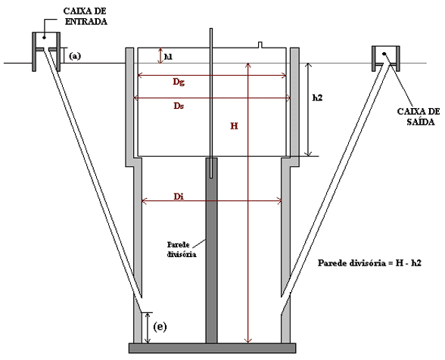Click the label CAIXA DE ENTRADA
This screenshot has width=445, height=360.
pos(86,16)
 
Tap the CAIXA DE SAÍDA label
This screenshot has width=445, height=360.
pos(419,116)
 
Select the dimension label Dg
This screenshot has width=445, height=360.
pos(179,82)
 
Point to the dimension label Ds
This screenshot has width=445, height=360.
pos(179,106)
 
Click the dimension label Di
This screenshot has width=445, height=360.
pos(179,197)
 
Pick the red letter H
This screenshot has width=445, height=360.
pos(234,126)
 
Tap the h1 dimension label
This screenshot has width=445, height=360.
pos(168,57)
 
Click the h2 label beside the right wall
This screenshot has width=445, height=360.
pos(318,98)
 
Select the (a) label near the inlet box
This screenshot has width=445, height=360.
pos(75,56)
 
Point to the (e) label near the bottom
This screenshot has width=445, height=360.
pos(160,327)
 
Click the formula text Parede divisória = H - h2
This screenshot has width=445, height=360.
pos(369,263)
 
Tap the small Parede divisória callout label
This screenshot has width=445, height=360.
pos(182,250)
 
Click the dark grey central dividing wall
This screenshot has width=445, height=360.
pos(211,250)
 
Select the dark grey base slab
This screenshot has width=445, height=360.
pos(212,348)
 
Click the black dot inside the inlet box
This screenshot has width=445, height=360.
pos(44,37)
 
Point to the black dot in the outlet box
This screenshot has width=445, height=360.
pos(384,54)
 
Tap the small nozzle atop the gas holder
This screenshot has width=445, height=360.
pos(260,45)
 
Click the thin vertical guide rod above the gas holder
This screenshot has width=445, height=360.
pos(211,103)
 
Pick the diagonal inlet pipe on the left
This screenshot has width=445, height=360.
pos(93,179)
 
